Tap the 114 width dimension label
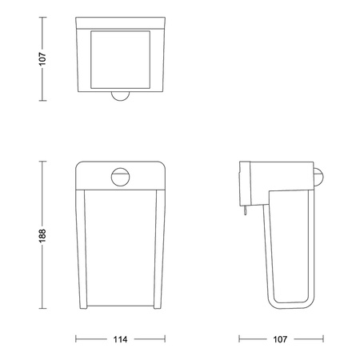coord(120,338)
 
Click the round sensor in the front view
coord(120,175)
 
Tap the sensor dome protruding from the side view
coord(320,176)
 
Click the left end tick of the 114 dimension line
coord(77,338)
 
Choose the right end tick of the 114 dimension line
coord(164,338)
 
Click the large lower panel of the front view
coord(120,248)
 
